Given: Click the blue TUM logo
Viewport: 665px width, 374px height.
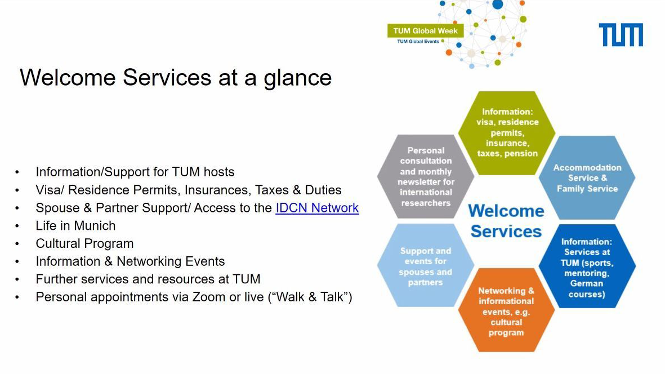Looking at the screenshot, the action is point(621,35).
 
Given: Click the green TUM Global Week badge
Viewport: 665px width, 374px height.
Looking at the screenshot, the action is point(425,30).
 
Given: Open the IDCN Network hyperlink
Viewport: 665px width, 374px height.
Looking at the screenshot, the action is point(317,208).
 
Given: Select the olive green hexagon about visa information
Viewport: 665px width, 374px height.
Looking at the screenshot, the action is point(507,133).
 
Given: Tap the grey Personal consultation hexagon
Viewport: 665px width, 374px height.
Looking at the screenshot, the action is point(426,176).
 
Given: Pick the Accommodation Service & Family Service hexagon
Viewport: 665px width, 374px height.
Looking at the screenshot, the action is point(587,177).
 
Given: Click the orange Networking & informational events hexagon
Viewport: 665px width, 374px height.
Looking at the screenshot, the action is point(506,310).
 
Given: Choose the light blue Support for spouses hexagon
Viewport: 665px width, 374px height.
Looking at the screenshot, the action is point(425,266).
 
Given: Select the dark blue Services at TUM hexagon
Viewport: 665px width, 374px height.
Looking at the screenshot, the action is point(587,266).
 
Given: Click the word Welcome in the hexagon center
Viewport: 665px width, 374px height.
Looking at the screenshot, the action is point(506,211).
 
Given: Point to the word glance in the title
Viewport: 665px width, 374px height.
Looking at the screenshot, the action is point(298,78).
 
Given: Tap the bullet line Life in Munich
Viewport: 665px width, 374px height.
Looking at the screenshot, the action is point(75,226).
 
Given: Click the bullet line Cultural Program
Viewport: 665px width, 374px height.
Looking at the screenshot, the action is point(84,243).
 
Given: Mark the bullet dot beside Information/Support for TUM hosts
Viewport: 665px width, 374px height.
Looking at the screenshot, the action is point(17,172).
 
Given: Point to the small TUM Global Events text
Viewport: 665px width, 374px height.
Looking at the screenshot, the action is point(418,42).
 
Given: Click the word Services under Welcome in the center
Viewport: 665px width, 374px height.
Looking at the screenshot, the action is point(506,231).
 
